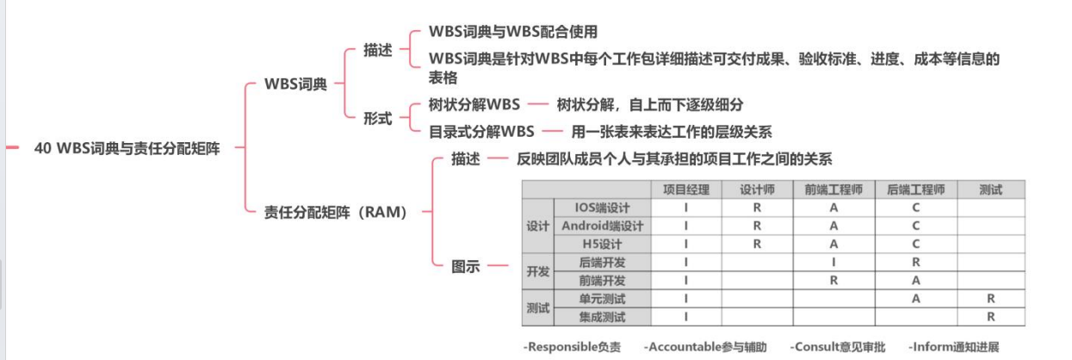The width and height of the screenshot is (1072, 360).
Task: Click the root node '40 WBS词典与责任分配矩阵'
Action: click(127, 148)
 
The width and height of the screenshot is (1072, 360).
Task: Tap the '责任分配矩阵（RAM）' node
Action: click(335, 212)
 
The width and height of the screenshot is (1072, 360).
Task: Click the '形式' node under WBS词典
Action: click(377, 118)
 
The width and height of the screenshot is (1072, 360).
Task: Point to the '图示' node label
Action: click(466, 266)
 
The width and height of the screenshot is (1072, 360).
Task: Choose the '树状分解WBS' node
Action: click(474, 105)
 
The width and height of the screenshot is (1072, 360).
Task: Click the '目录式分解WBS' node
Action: click(481, 132)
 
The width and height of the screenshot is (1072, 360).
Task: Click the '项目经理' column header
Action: click(686, 189)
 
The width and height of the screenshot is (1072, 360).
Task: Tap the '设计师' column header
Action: click(758, 189)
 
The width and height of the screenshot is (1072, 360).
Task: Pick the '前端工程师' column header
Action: click(833, 189)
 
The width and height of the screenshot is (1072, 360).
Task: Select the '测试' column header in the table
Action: click(991, 189)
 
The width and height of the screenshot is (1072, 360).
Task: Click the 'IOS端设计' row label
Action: click(603, 208)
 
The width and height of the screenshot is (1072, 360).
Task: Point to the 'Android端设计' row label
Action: click(603, 226)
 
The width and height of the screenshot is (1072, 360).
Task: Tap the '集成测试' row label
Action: click(603, 317)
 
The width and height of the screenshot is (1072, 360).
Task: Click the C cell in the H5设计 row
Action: click(916, 244)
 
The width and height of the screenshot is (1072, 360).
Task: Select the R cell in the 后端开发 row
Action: click(916, 262)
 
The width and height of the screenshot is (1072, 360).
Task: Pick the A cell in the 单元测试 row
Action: click(916, 299)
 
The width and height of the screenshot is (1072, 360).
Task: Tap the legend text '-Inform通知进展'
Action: click(954, 347)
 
